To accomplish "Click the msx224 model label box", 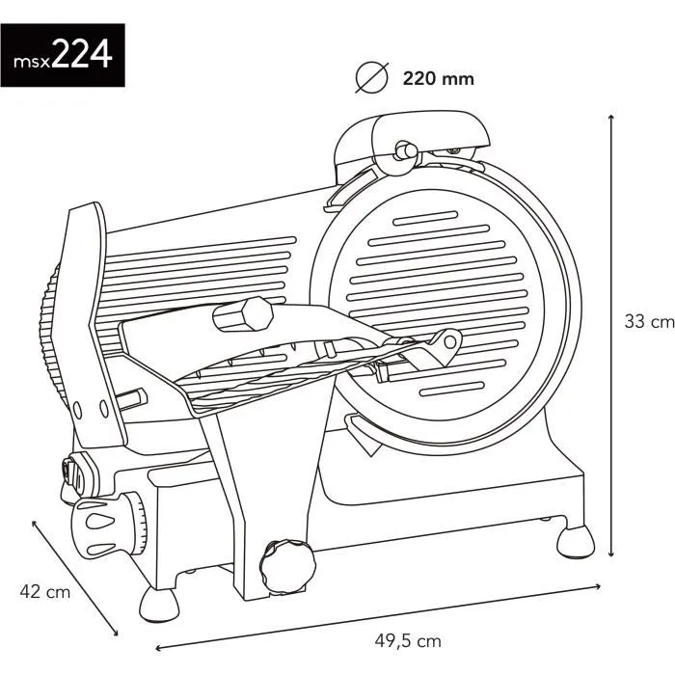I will coord(63,56).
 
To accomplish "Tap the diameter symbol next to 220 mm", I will coord(371,77).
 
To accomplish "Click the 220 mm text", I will coord(438,79).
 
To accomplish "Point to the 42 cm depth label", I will coord(44,592).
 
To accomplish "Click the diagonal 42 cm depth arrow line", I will coord(74,576).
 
